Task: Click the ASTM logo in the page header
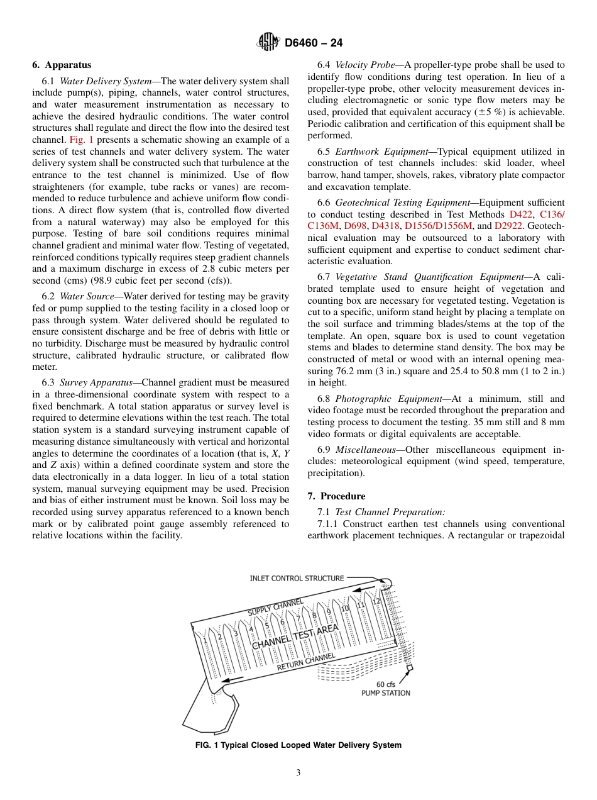(x=268, y=43)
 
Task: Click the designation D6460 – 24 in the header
(x=314, y=43)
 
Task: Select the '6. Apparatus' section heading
(x=62, y=65)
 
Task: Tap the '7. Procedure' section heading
(x=336, y=496)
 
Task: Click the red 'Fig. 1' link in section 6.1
(x=81, y=140)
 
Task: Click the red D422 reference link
(x=522, y=214)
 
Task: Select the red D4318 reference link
(x=385, y=226)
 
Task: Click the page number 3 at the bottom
(x=298, y=772)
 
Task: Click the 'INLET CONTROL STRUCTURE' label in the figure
(x=297, y=578)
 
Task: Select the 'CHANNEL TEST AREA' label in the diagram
(x=295, y=636)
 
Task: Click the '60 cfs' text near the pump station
(x=385, y=684)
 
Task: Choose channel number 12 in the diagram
(x=376, y=601)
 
